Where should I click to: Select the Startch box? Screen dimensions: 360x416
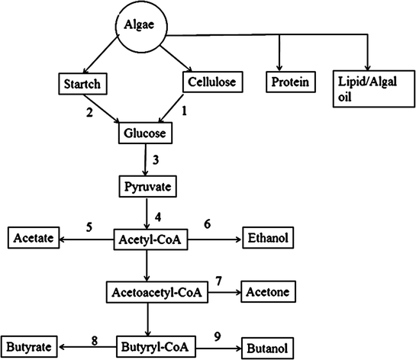click(x=83, y=81)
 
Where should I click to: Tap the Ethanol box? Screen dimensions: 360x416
click(x=269, y=239)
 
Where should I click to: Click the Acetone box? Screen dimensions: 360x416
click(x=269, y=291)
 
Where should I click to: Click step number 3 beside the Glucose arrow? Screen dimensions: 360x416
click(x=157, y=160)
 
